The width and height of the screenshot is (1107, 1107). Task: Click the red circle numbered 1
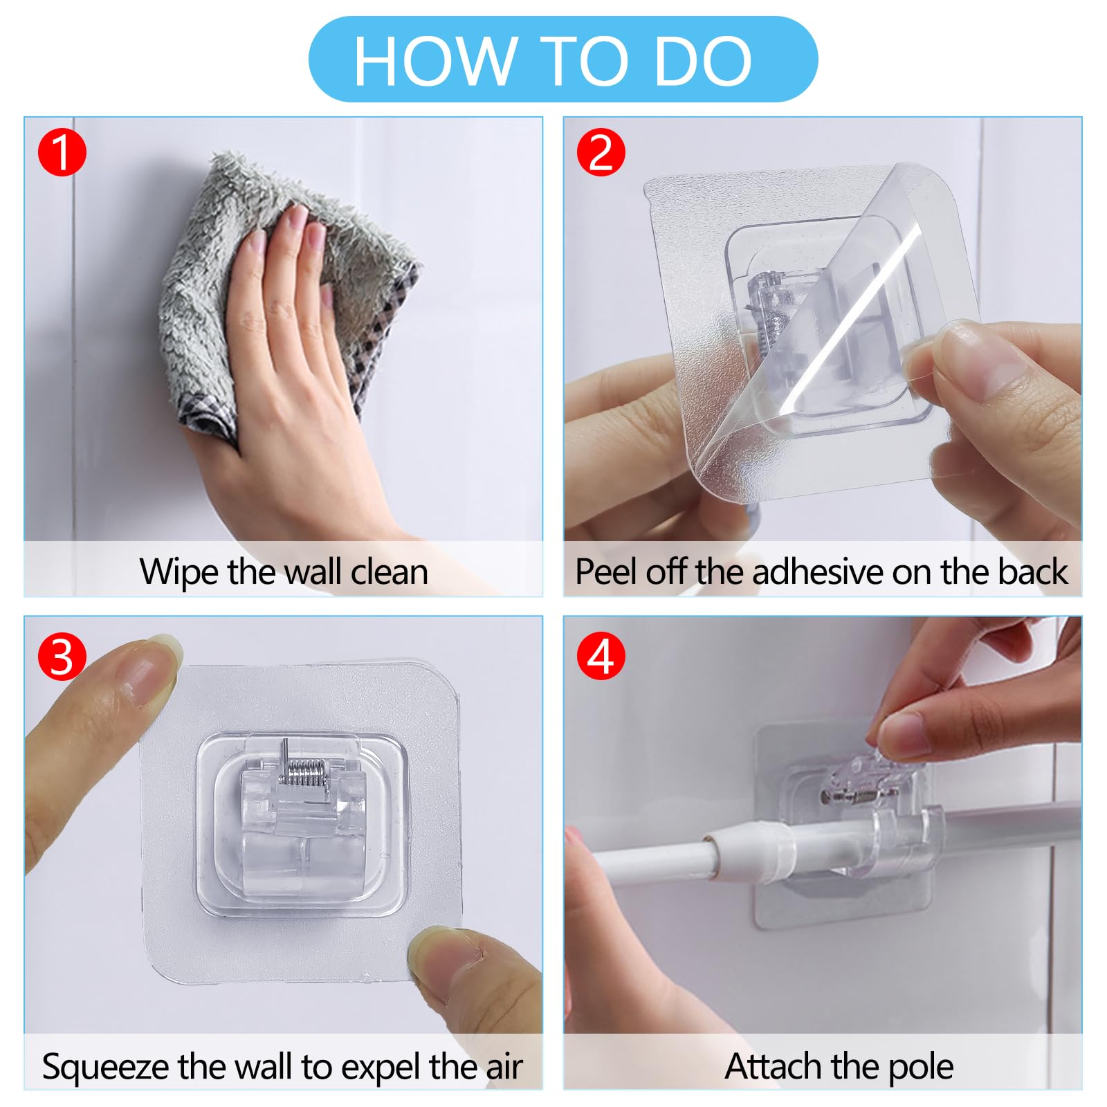coord(62,153)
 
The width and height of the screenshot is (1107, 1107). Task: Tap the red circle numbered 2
coord(601,153)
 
